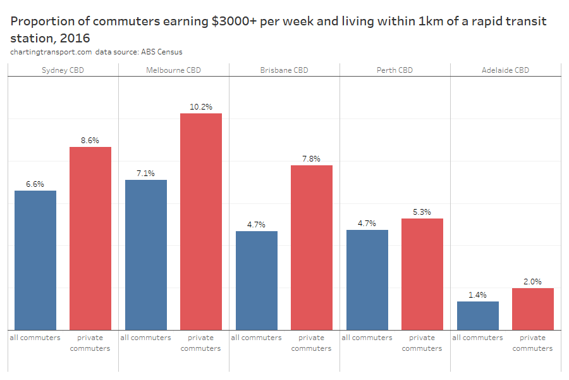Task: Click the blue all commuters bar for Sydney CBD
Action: (x=35, y=260)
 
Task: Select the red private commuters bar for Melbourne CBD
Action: (x=201, y=222)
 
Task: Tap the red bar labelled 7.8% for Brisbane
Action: (x=312, y=247)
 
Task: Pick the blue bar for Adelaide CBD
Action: (x=478, y=315)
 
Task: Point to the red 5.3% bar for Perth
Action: (x=422, y=274)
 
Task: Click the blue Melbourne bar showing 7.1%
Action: (x=146, y=255)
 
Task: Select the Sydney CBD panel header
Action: (x=63, y=70)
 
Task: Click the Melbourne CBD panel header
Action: (x=173, y=70)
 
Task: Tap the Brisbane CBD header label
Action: (x=284, y=70)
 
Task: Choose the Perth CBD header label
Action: (x=395, y=70)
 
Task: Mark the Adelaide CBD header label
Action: (x=505, y=70)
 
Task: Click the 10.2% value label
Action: (x=201, y=107)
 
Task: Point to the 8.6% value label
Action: (x=90, y=141)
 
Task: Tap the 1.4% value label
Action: (x=478, y=295)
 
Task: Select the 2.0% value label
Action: (x=533, y=282)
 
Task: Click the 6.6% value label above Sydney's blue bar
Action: (x=35, y=184)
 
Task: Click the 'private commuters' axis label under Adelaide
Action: (x=533, y=343)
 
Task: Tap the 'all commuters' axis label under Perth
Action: (x=367, y=338)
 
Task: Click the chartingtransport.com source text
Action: (x=51, y=52)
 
